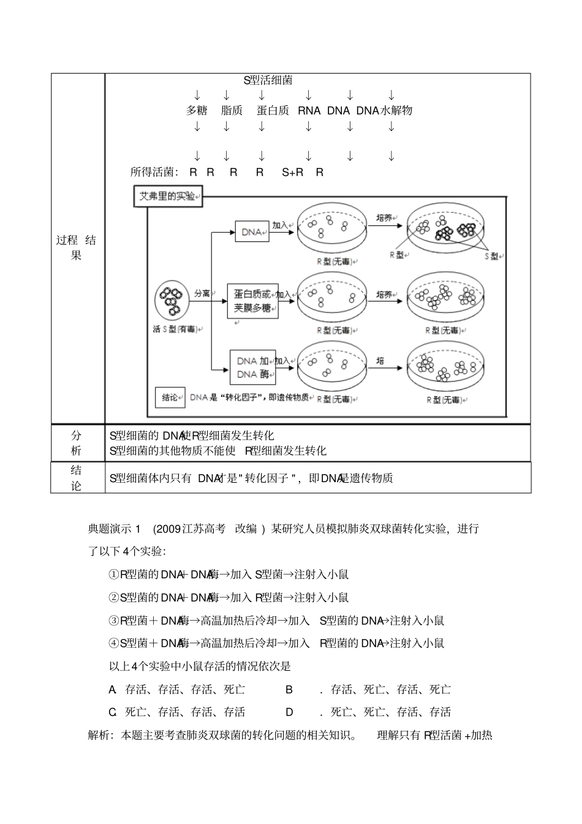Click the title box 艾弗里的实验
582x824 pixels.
(x=168, y=197)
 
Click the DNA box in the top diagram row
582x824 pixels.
(x=252, y=232)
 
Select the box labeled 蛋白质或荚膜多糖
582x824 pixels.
(x=252, y=301)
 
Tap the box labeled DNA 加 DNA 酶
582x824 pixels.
(x=252, y=367)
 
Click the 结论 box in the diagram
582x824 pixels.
(x=170, y=397)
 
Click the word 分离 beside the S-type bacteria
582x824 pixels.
(x=202, y=293)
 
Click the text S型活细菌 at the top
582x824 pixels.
(x=268, y=80)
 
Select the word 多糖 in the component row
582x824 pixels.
(x=197, y=110)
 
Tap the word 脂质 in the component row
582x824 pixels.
(x=232, y=110)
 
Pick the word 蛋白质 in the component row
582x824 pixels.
(x=273, y=110)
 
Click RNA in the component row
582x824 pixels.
(x=309, y=110)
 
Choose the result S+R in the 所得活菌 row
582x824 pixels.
(x=293, y=173)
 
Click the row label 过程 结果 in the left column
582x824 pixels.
(x=76, y=248)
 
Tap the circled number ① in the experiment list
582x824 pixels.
(x=113, y=575)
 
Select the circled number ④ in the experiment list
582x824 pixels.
(x=113, y=643)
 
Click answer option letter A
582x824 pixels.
(x=113, y=690)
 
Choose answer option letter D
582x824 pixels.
(x=289, y=712)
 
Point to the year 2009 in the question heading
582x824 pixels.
(x=168, y=529)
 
